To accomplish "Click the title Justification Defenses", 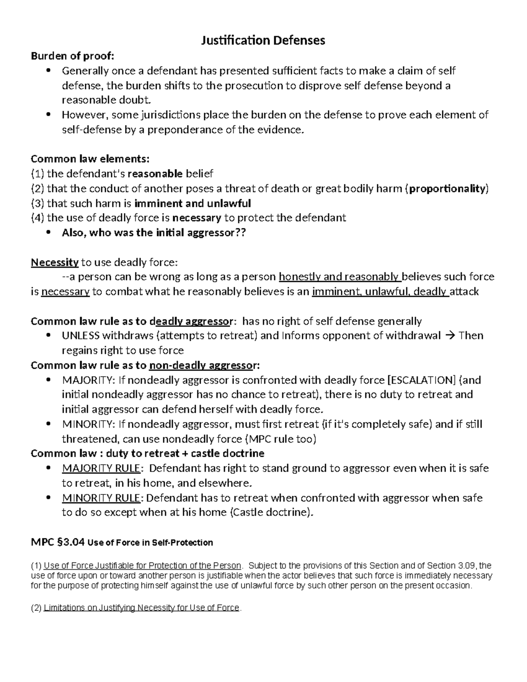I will pos(263,41).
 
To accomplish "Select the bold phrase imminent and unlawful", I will pos(192,203).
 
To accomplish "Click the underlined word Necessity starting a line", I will pos(54,263).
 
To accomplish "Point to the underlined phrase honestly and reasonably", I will pos(339,277).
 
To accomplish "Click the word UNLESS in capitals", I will pos(81,336).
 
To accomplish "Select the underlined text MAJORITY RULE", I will pos(101,469).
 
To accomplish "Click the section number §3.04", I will pos(70,542).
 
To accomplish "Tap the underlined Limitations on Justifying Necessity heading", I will pos(141,608).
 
